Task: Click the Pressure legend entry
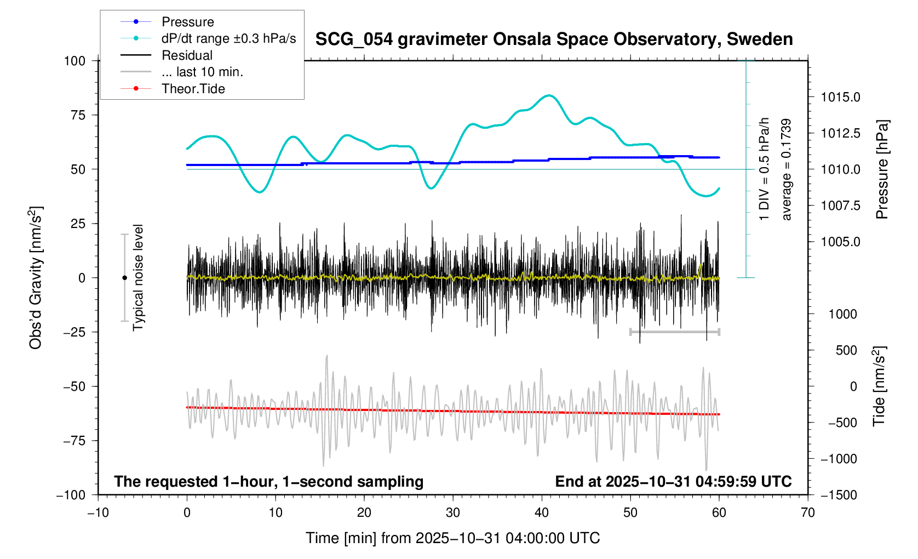pos(187,22)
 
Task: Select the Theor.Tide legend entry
pos(193,89)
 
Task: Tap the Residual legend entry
pos(187,55)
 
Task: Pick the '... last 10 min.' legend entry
pos(202,72)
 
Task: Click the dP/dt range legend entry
pos(228,38)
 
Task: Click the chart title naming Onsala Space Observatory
pos(554,39)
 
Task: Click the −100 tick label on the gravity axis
pos(71,495)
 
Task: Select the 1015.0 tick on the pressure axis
pos(840,98)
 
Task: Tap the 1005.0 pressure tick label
pos(840,242)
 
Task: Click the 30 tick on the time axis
pos(453,513)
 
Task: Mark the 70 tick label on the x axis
pos(807,513)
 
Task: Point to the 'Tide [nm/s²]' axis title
pos(879,386)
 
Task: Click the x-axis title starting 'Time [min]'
pos(452,538)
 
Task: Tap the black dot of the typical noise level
pos(124,278)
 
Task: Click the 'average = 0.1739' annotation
pos(787,169)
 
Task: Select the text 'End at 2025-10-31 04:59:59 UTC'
pos(673,482)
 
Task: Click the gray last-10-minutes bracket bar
pos(675,332)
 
